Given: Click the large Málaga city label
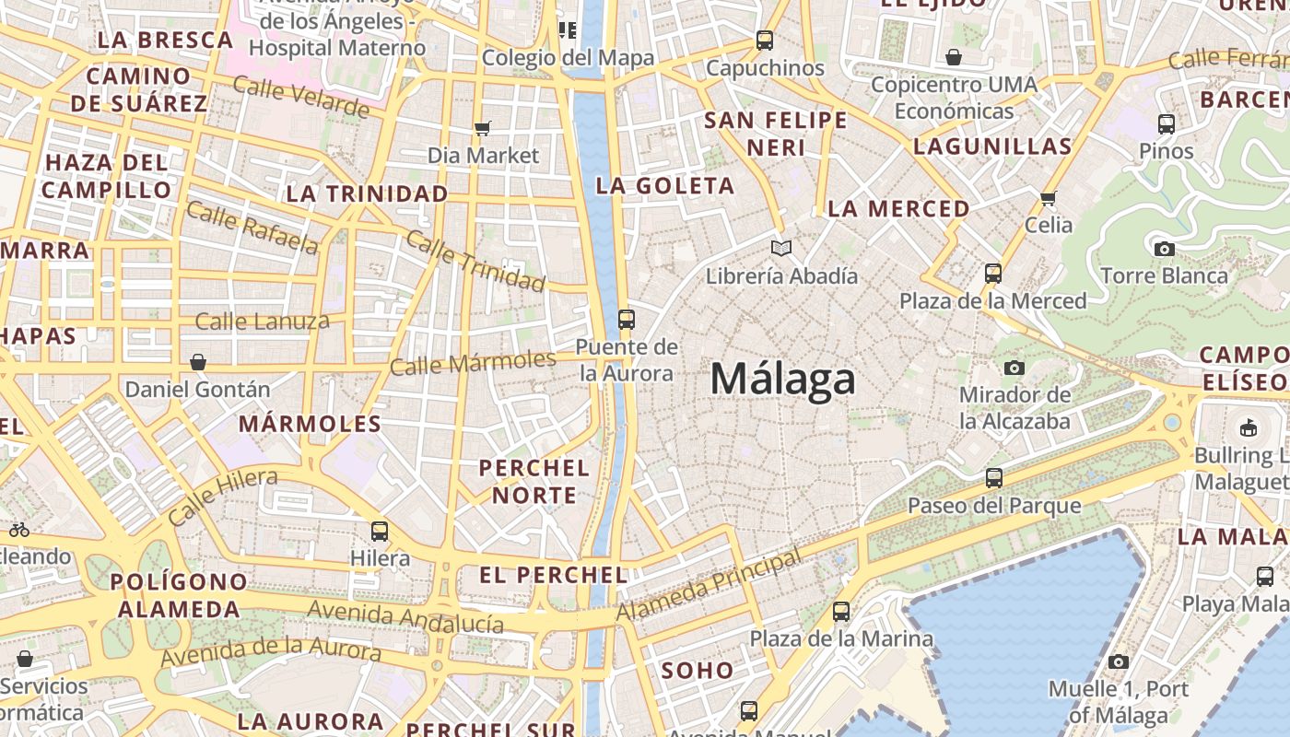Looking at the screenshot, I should pos(782,380).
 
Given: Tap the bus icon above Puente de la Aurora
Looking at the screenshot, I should pos(627,320).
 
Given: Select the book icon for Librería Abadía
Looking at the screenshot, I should pos(781,248).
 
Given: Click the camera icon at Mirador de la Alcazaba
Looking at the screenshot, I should pos(1014,368).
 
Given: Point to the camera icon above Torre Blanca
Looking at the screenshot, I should pos(1164,248).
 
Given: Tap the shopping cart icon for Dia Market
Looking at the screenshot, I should pos(482,128).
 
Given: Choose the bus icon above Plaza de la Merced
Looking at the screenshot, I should pos(992,274).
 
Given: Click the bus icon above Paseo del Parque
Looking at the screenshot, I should pos(993,478).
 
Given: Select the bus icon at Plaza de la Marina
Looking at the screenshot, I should pos(840,611).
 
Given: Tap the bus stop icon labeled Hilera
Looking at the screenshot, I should pos(380,531).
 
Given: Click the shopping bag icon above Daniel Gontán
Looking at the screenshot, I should pos(197,362).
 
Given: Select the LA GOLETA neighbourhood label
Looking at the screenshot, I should pos(664,186).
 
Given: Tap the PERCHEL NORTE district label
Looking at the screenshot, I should pos(534,482).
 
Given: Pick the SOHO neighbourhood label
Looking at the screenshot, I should pos(698,670).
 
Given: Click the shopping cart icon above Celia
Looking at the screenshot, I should pos(1048,198).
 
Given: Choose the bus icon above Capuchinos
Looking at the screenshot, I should pos(764,41).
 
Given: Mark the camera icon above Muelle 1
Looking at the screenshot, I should pos(1119,661).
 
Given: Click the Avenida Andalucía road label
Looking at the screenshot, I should pos(405,617).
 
